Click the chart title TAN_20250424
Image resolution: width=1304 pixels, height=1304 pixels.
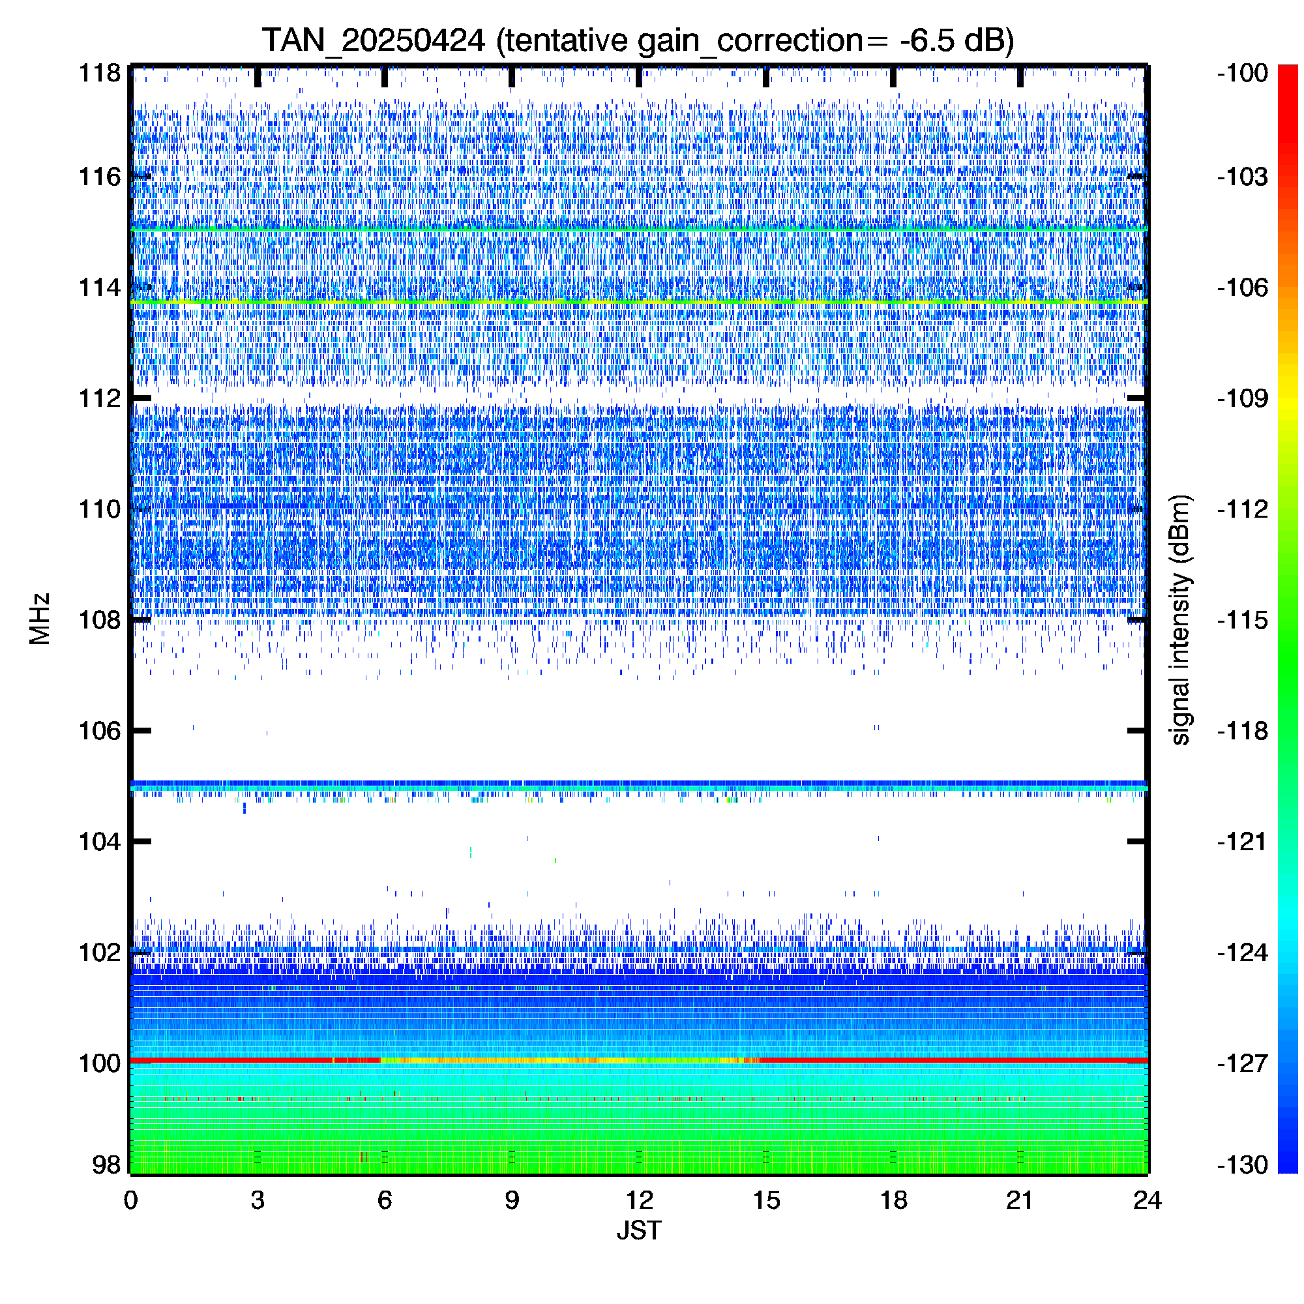pyautogui.click(x=373, y=40)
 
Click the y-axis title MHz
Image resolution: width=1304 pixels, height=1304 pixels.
pyautogui.click(x=40, y=619)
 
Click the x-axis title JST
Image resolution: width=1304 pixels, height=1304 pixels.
pyautogui.click(x=638, y=1230)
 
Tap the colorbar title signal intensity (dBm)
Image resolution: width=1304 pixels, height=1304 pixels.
pyautogui.click(x=1180, y=619)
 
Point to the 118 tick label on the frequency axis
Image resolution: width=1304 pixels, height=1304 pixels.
pyautogui.click(x=100, y=73)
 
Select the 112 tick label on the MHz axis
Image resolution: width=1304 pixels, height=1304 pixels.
pyautogui.click(x=100, y=398)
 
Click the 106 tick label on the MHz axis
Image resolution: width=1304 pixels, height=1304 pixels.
pyautogui.click(x=100, y=730)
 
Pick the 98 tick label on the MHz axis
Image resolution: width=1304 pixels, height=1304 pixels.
pyautogui.click(x=107, y=1164)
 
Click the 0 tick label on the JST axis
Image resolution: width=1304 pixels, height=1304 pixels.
pyautogui.click(x=130, y=1200)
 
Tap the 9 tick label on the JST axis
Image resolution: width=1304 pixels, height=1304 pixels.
pyautogui.click(x=512, y=1200)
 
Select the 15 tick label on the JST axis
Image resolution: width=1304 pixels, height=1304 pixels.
pyautogui.click(x=766, y=1200)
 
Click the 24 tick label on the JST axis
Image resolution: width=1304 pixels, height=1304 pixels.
pyautogui.click(x=1148, y=1200)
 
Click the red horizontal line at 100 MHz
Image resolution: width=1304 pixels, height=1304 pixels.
pyautogui.click(x=638, y=1060)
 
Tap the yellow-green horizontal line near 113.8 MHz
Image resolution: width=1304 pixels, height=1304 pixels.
pyautogui.click(x=638, y=301)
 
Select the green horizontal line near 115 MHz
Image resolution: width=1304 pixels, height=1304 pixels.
pyautogui.click(x=638, y=230)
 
